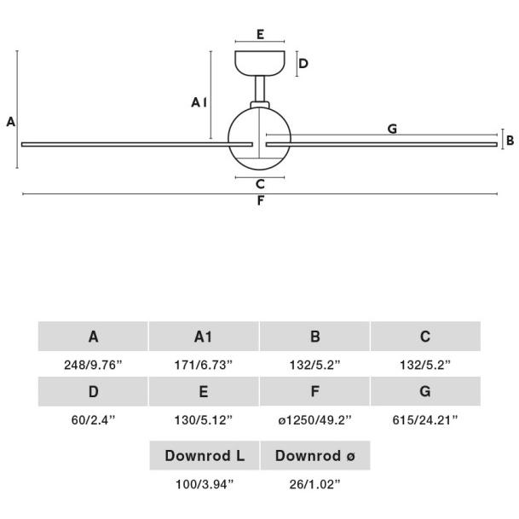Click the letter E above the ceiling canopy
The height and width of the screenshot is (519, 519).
[260, 34]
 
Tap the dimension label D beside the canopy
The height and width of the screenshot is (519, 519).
[303, 64]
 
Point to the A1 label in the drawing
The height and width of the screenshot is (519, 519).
[199, 102]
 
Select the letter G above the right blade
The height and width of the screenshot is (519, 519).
[392, 129]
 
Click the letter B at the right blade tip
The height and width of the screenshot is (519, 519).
[510, 141]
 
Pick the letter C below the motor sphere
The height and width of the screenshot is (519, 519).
[260, 184]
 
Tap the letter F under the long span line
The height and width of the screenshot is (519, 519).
[261, 200]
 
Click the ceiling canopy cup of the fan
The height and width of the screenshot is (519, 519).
[260, 63]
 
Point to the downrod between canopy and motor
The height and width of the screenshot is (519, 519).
[260, 89]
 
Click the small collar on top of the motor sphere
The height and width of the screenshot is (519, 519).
[260, 105]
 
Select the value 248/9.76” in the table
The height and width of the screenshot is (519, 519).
[93, 365]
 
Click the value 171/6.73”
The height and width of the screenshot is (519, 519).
[204, 365]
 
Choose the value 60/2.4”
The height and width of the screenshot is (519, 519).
[93, 420]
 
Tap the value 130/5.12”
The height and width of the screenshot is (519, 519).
[204, 420]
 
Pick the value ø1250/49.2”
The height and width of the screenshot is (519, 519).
[314, 420]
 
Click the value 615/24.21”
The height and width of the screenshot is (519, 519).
[425, 420]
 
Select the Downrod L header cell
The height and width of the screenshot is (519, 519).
[205, 455]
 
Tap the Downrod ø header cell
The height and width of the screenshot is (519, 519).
[315, 455]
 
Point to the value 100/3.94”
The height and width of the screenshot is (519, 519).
[205, 485]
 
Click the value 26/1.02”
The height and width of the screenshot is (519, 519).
[314, 485]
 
